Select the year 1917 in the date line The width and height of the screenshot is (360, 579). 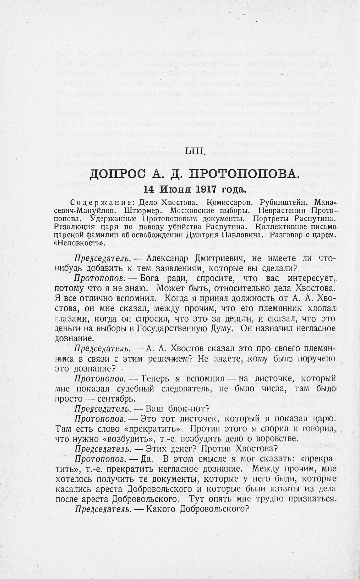click(208, 189)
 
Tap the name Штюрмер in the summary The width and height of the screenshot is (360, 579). click(143, 210)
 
